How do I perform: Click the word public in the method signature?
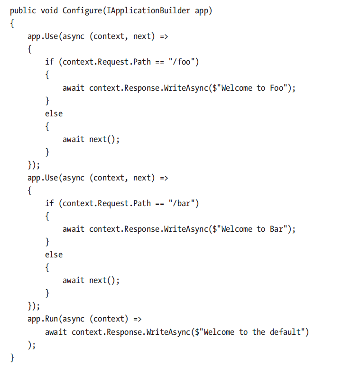pos(22,11)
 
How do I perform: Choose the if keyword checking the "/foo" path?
pos(49,62)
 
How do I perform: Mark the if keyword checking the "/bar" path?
pos(49,203)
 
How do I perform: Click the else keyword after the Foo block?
pos(54,114)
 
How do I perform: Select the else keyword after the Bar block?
pos(54,255)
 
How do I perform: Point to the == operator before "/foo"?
pos(159,62)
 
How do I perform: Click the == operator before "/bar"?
pos(159,203)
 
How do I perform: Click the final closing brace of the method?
pos(12,357)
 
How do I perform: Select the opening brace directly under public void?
pos(12,24)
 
